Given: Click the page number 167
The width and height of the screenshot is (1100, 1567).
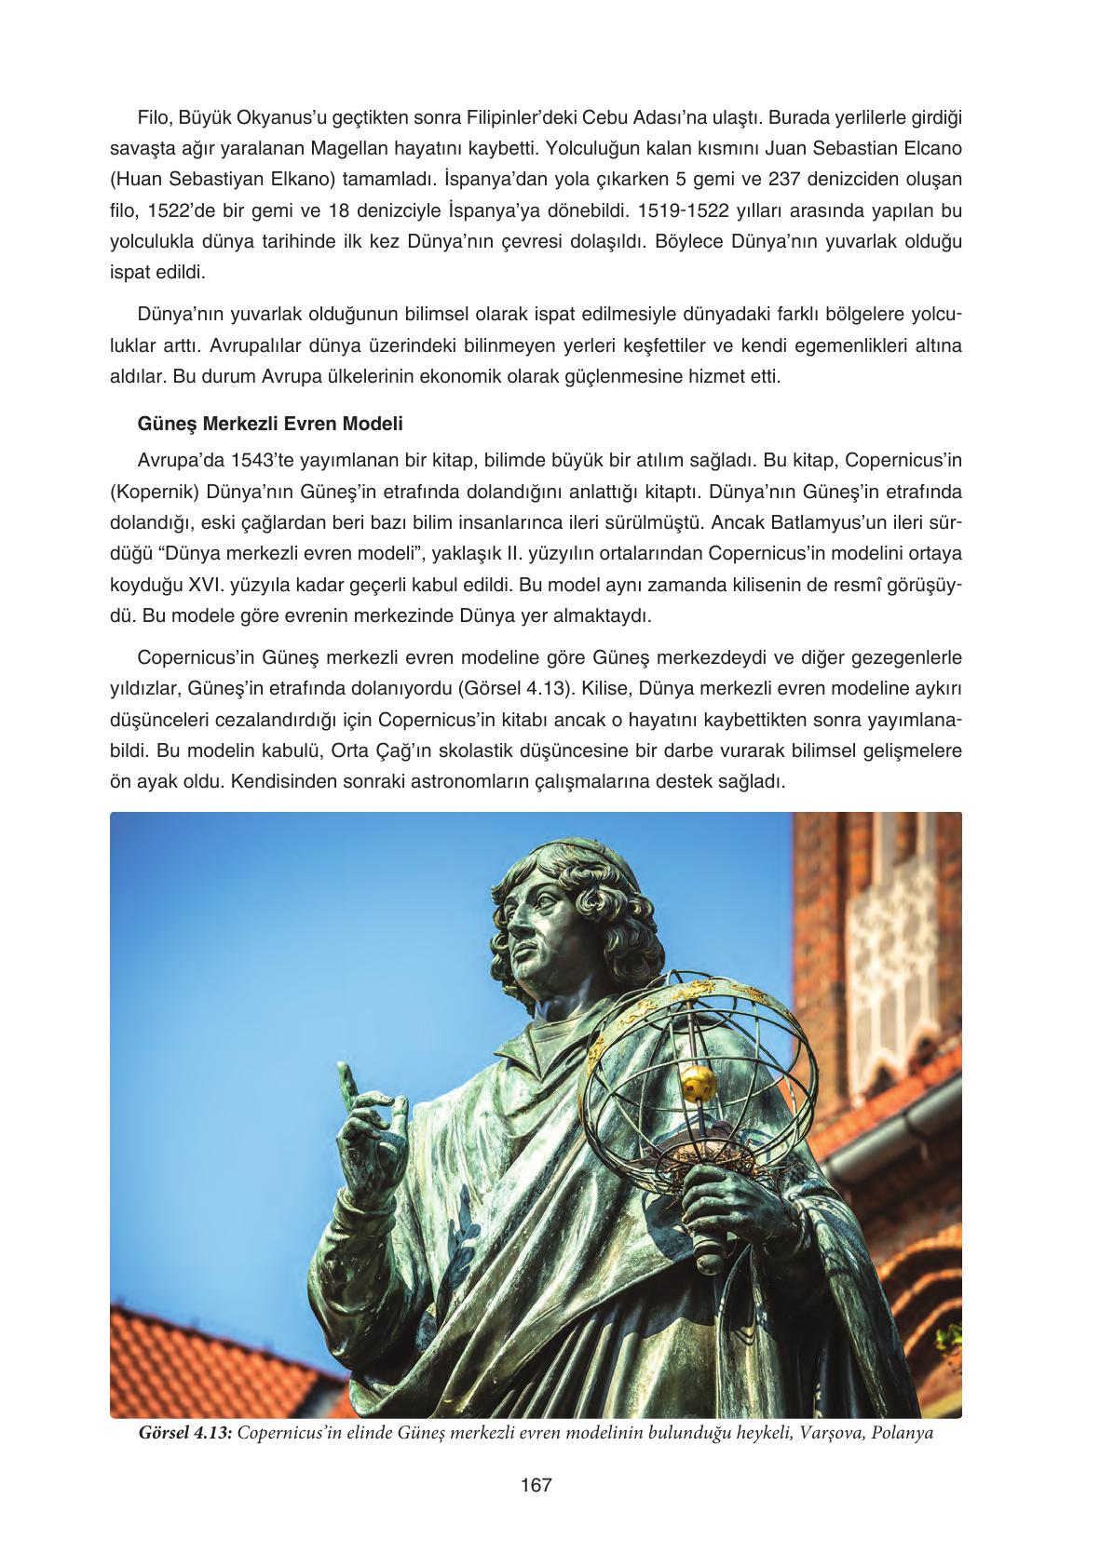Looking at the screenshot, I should click(x=536, y=1485).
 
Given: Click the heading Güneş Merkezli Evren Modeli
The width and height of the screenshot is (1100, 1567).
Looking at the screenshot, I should click(x=270, y=424).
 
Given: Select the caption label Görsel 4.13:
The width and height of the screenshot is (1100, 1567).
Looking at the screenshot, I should click(x=183, y=1434).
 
